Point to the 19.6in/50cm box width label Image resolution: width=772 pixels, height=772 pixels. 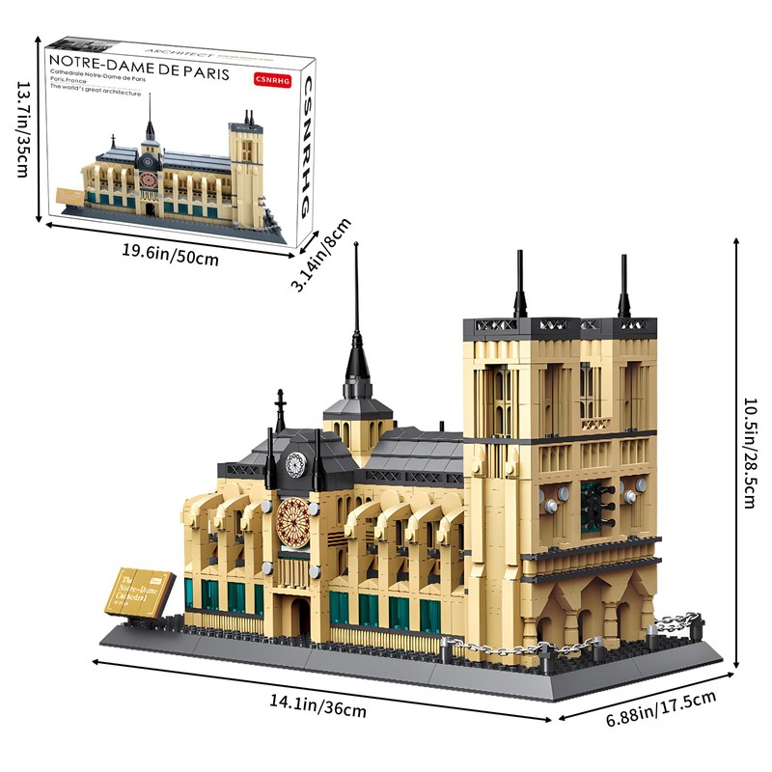[170, 257]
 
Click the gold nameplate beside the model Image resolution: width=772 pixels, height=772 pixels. [145, 593]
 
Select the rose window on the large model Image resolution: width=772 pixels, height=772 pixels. [292, 523]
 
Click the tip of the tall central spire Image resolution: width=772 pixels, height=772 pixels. [355, 247]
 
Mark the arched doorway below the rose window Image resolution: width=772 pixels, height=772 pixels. [299, 615]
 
